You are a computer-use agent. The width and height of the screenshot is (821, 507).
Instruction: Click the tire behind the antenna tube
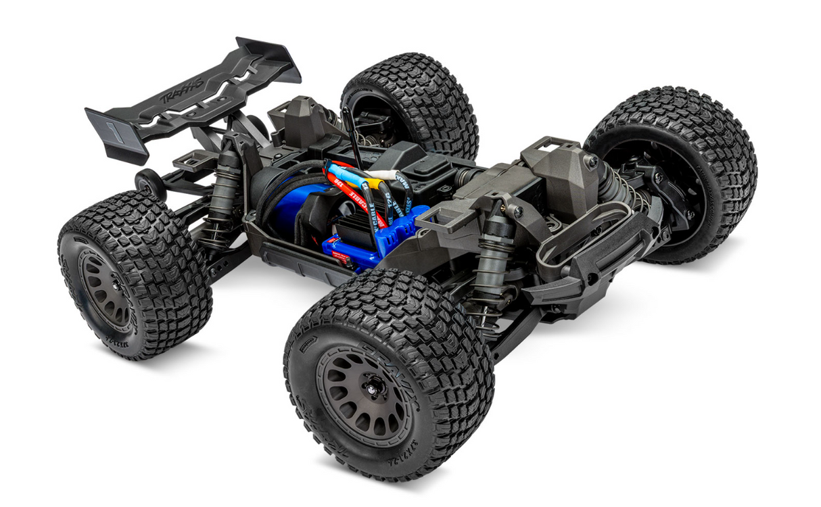[x=413, y=101]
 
